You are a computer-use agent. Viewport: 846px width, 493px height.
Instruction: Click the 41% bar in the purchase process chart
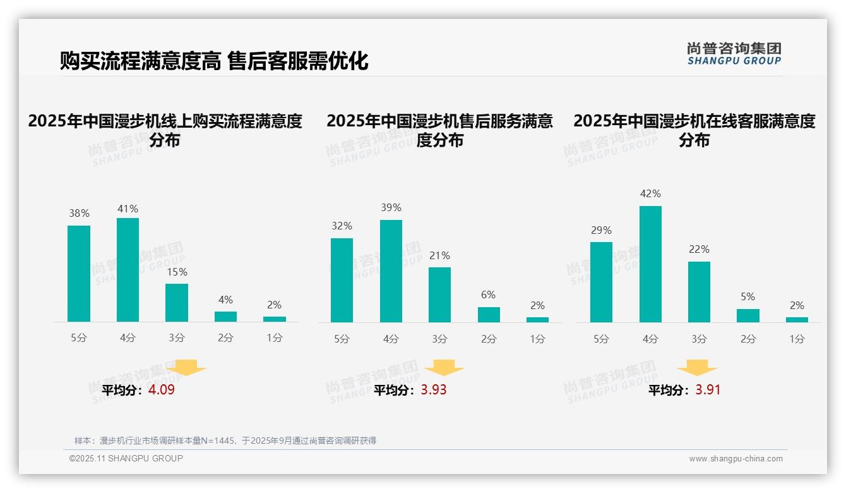(128, 270)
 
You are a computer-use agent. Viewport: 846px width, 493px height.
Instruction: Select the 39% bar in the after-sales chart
(391, 271)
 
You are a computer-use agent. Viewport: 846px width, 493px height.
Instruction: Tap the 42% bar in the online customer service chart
(650, 264)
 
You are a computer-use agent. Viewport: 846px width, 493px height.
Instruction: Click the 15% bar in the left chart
(177, 303)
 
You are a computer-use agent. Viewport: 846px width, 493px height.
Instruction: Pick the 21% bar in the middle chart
(439, 295)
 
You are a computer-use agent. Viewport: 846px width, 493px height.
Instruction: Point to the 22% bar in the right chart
(699, 292)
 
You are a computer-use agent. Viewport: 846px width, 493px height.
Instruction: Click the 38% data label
(79, 214)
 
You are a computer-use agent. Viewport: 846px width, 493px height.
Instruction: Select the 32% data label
(342, 226)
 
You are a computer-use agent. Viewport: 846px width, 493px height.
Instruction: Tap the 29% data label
(601, 230)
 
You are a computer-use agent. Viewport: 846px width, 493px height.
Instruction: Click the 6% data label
(488, 295)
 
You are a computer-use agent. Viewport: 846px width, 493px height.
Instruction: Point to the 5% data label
(748, 296)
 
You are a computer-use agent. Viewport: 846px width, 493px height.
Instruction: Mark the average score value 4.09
(162, 390)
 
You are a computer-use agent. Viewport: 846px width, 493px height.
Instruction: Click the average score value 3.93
(434, 390)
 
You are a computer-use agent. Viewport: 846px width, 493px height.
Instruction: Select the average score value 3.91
(708, 390)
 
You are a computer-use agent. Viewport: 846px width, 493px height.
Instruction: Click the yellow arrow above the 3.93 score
(444, 368)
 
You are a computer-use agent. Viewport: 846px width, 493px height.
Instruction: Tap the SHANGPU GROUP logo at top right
(734, 54)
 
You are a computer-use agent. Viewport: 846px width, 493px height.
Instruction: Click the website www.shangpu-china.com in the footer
(736, 459)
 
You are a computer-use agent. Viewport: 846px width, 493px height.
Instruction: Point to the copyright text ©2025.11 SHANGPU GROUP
(126, 458)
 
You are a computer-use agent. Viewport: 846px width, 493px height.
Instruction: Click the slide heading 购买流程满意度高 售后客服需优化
(214, 61)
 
